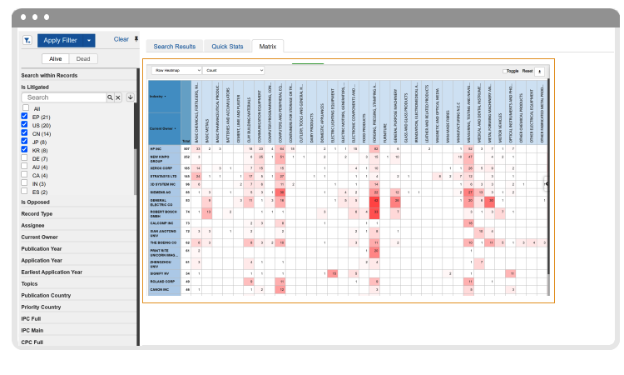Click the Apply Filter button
click(x=66, y=40)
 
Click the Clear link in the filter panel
click(x=121, y=39)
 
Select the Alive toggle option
click(x=57, y=58)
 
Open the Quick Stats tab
click(x=226, y=47)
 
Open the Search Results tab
click(x=175, y=47)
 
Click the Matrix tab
click(x=268, y=47)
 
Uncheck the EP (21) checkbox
click(x=25, y=117)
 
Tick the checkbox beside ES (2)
click(x=25, y=192)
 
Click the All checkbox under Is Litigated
click(x=25, y=108)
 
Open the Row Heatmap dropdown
click(x=176, y=71)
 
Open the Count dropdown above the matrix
click(x=233, y=71)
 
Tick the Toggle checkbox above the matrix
click(x=503, y=72)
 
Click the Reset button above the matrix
click(x=526, y=72)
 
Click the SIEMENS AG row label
click(x=160, y=191)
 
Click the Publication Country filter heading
click(x=46, y=295)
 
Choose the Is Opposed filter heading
click(x=37, y=202)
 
